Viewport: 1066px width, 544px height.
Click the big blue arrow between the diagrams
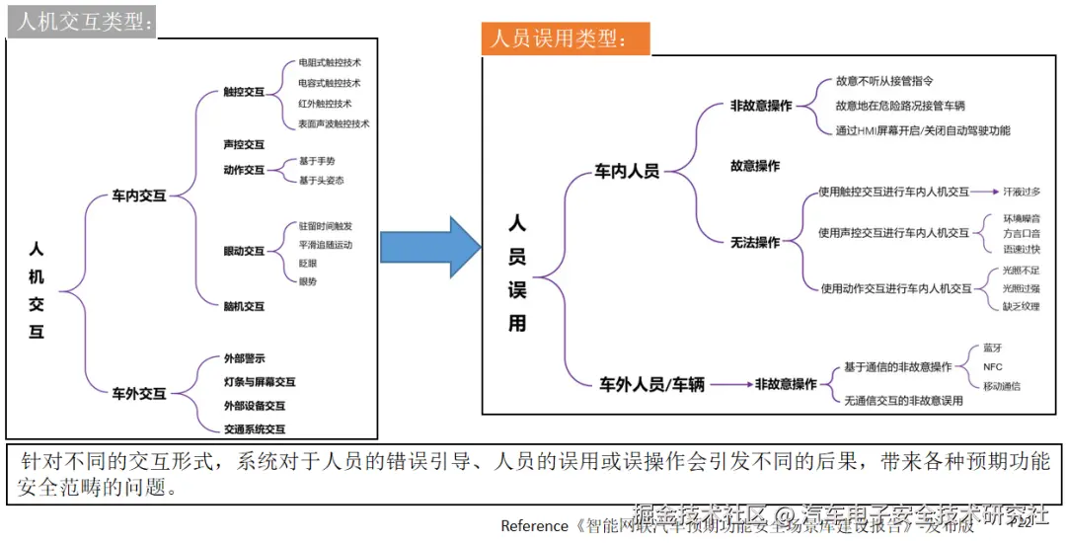[x=427, y=247]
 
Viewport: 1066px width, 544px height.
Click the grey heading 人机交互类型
[x=83, y=21]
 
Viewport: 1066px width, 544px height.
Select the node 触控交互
[x=244, y=92]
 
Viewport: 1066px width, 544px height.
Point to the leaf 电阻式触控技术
[x=330, y=63]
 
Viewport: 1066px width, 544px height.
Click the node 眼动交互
[x=244, y=252]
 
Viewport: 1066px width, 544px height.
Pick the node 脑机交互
[x=244, y=306]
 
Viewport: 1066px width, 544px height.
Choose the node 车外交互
[x=138, y=393]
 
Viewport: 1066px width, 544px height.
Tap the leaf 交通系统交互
[x=255, y=428]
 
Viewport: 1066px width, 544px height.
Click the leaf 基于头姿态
[x=322, y=180]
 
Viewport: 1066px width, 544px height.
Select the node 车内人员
[x=627, y=171]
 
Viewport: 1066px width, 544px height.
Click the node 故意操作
[x=755, y=166]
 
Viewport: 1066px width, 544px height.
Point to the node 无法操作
[x=755, y=242]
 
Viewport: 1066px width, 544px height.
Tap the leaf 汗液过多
[x=1022, y=192]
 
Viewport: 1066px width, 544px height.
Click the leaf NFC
[x=993, y=366]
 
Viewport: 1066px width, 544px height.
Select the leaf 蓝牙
[x=992, y=349]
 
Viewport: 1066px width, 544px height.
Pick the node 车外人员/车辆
[x=652, y=385]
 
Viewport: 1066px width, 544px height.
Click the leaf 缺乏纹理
[x=1022, y=306]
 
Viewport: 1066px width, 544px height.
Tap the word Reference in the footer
[x=534, y=525]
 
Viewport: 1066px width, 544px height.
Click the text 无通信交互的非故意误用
[x=902, y=401]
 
